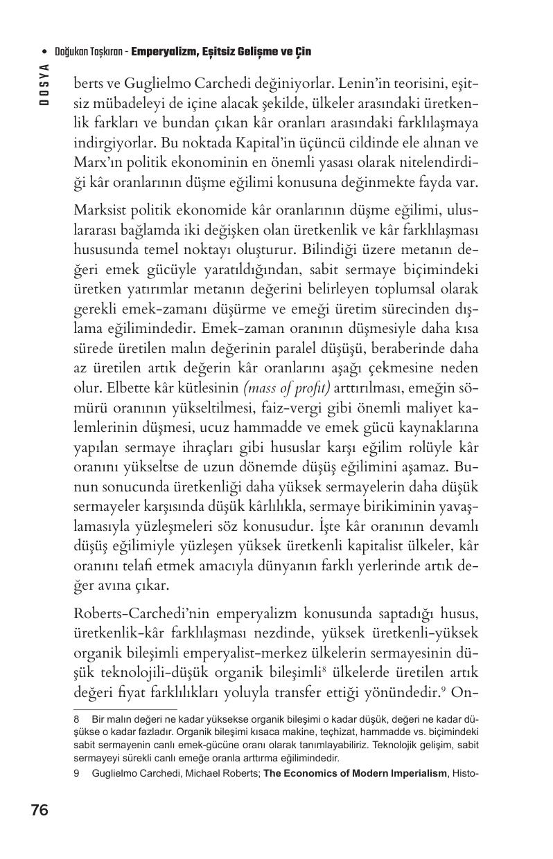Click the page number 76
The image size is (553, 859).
tap(39, 810)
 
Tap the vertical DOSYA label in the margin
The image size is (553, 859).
tap(44, 83)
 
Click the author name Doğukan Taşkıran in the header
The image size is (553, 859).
tap(89, 52)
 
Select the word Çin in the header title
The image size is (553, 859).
tap(303, 52)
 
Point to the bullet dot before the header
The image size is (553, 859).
tap(44, 52)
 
